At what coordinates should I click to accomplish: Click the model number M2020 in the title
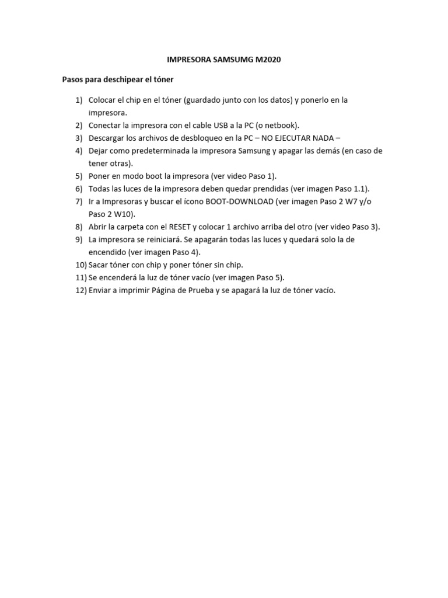(268, 60)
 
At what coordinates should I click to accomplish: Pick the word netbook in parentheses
(279, 125)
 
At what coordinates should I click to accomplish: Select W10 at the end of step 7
(125, 214)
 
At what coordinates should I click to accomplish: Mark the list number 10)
(80, 265)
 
